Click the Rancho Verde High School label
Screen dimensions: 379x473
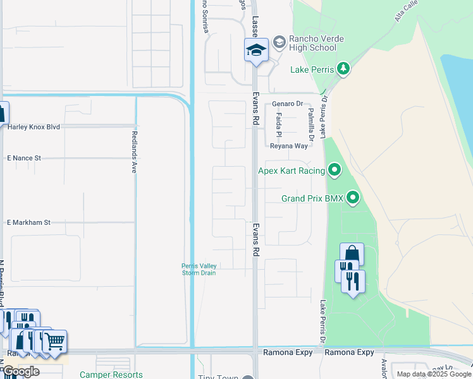point(312,43)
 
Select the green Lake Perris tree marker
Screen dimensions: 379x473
point(343,68)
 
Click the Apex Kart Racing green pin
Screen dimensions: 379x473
point(335,170)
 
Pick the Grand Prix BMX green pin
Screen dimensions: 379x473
point(353,198)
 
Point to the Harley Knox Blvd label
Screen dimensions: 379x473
point(34,127)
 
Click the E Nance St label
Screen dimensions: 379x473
point(23,158)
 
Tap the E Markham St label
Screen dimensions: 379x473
point(28,222)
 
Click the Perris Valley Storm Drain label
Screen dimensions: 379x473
point(199,269)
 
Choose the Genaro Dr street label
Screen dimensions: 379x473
point(288,104)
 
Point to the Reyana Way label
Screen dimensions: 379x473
point(288,146)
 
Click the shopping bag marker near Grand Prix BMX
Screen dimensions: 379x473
point(352,255)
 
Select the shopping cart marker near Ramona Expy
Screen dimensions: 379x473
point(55,342)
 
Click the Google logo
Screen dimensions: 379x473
point(21,371)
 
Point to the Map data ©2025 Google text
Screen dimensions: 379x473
point(433,374)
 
